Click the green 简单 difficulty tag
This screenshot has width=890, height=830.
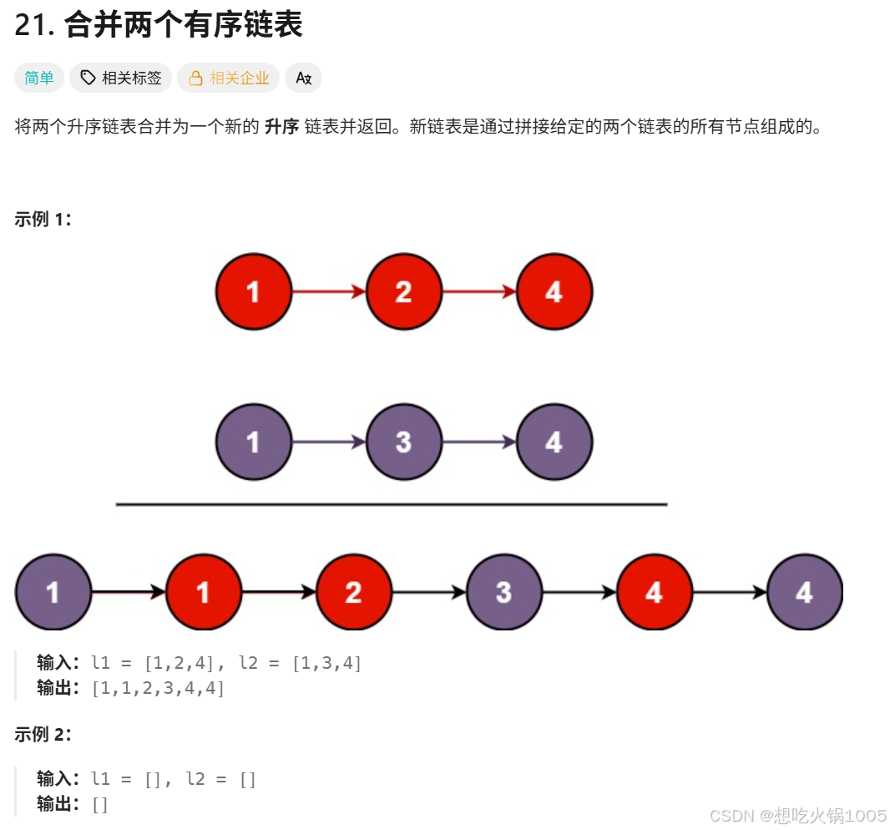click(x=38, y=78)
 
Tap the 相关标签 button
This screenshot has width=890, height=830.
click(x=121, y=78)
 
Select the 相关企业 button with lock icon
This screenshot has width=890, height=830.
click(x=228, y=78)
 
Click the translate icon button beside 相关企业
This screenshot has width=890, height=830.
click(x=303, y=78)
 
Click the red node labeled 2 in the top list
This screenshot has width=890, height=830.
click(x=403, y=291)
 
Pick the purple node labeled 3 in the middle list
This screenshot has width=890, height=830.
click(x=403, y=442)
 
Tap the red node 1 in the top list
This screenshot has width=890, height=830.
click(x=253, y=291)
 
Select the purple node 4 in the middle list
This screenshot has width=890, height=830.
click(x=554, y=442)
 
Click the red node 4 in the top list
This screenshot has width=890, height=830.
click(x=554, y=291)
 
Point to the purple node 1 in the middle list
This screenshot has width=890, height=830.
click(x=253, y=442)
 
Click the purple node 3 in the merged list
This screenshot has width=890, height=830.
click(x=503, y=592)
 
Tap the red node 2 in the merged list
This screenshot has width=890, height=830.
click(x=353, y=592)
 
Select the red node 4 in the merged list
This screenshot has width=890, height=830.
click(x=654, y=592)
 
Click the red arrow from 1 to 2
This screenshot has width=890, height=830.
click(x=328, y=291)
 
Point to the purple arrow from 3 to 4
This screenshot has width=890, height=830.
click(x=478, y=442)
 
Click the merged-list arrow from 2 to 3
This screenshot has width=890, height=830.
click(x=428, y=592)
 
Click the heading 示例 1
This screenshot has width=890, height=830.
click(x=43, y=220)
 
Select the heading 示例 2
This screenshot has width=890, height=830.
click(x=43, y=735)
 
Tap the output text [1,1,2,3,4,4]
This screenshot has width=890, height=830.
click(x=159, y=689)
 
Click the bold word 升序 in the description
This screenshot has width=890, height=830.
click(x=281, y=128)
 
